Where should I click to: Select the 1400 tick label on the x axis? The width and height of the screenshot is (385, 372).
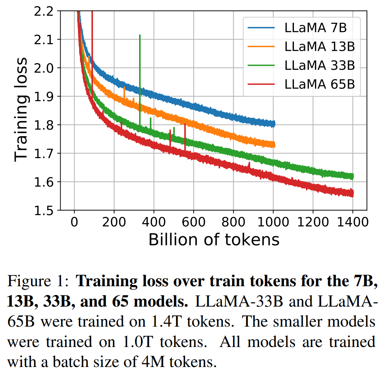(x=352, y=222)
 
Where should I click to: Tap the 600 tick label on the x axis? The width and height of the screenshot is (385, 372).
(x=193, y=222)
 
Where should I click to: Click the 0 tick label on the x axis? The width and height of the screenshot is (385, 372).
(x=74, y=222)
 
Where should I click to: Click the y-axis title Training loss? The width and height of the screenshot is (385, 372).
(x=21, y=109)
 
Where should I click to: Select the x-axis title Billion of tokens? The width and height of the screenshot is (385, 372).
(x=214, y=240)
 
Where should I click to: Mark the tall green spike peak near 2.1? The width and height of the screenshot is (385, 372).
(x=140, y=35)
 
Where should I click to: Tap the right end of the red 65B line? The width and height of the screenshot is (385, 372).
(x=352, y=194)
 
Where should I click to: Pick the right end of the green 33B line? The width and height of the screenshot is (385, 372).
(x=352, y=176)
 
